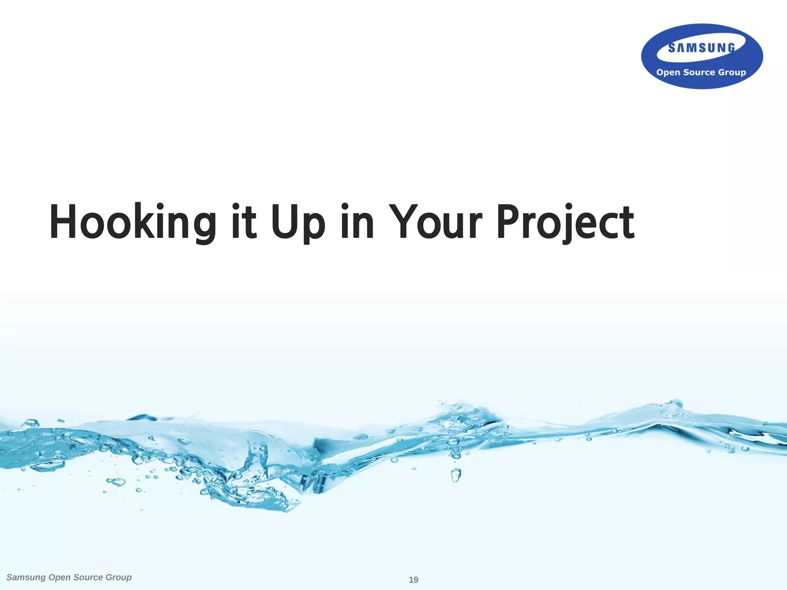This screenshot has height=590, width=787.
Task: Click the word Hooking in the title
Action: coord(133,222)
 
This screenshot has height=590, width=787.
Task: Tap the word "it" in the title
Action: coord(244,222)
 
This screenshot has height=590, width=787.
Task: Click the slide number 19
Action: coord(413,580)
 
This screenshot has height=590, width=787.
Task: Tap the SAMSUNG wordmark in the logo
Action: coord(702,48)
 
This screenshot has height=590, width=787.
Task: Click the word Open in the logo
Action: coord(668,72)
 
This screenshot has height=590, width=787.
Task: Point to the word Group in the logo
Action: coord(732,73)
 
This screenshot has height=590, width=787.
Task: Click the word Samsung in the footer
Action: coord(26,577)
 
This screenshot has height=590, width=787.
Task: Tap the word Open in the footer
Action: coord(59,578)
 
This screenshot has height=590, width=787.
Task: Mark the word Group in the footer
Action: coord(118,578)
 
